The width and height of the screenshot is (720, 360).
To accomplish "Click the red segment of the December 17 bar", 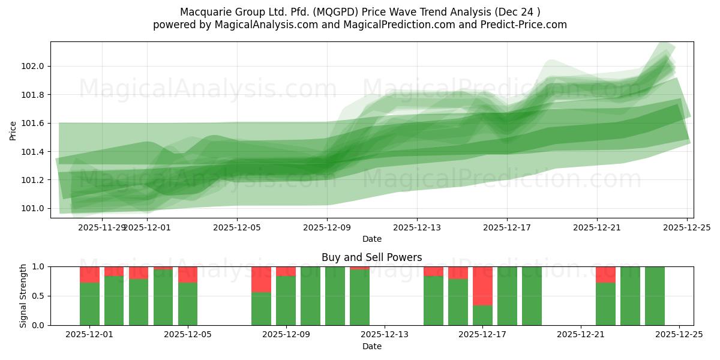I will click(x=482, y=286).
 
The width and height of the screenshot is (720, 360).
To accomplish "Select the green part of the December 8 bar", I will click(x=261, y=308).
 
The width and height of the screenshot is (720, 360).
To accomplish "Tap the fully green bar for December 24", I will click(x=655, y=296).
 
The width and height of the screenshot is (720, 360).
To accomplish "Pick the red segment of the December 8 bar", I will click(x=261, y=279).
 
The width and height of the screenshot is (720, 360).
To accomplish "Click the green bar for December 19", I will click(x=532, y=296).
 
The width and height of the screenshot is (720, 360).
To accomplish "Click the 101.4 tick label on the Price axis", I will click(x=35, y=152).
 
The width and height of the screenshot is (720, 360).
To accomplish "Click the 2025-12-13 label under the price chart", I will click(x=417, y=227).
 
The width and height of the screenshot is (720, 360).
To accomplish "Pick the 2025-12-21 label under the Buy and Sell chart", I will click(x=581, y=335).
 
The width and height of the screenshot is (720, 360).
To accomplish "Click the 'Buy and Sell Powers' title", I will click(x=371, y=257).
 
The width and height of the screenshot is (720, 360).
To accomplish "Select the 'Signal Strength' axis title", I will click(x=23, y=296).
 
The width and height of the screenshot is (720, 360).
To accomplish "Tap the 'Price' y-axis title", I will click(x=13, y=130).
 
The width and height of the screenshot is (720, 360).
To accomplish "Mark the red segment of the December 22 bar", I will click(x=605, y=274).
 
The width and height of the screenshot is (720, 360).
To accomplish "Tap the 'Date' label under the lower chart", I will click(x=371, y=346).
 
